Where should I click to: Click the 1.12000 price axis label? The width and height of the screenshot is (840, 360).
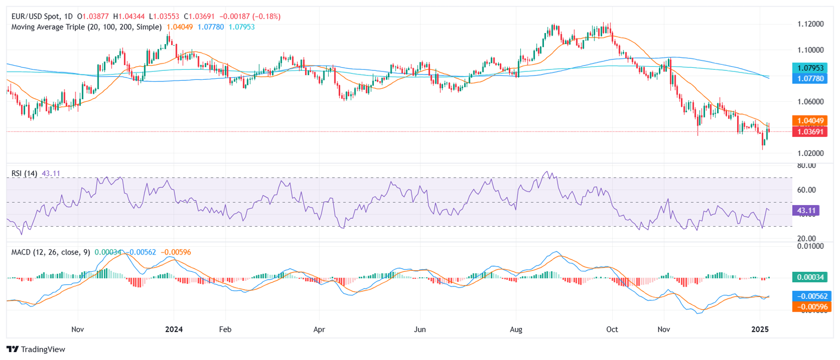(x=810, y=24)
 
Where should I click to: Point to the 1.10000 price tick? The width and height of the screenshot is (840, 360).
(x=810, y=50)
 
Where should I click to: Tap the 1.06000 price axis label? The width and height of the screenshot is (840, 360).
(x=810, y=102)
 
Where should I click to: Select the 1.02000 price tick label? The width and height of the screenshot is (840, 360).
(x=810, y=153)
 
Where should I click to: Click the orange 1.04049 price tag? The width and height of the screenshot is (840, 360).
(x=810, y=121)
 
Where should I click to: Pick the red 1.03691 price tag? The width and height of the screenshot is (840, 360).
(x=810, y=132)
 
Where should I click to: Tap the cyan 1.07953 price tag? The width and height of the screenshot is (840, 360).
(x=810, y=68)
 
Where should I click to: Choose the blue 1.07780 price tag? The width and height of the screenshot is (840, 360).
(x=810, y=78)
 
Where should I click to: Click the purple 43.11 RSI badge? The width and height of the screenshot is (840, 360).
(x=806, y=210)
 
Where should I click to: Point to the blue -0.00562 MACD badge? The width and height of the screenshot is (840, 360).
(x=810, y=296)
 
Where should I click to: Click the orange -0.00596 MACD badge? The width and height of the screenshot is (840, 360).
(x=810, y=306)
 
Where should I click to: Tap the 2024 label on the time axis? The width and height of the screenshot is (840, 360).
(x=174, y=330)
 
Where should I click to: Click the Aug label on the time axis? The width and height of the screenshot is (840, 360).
(x=516, y=330)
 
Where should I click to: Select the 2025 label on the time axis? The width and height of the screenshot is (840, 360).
(x=760, y=330)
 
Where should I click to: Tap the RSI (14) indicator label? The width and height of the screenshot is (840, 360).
(x=24, y=173)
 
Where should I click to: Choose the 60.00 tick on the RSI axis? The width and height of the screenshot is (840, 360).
(x=806, y=190)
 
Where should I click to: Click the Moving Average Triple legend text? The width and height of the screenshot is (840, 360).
(x=48, y=27)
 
